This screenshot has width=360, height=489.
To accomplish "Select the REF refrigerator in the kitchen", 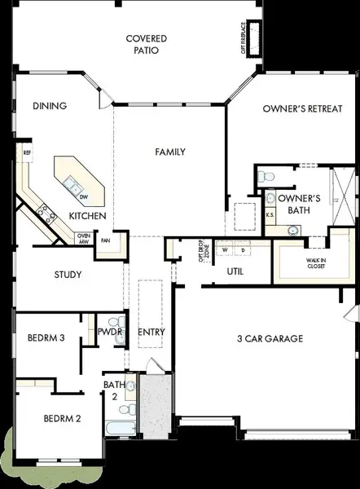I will tap(27, 152).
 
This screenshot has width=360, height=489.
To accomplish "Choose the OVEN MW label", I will tap(83, 238).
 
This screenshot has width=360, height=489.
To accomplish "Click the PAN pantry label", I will tap(105, 241).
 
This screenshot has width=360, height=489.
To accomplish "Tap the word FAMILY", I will tap(171, 152).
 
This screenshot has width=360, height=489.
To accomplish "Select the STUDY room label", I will tap(68, 275).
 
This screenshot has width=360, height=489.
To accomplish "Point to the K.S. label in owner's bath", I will tap(270, 214).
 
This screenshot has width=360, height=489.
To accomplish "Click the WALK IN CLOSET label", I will tap(318, 262).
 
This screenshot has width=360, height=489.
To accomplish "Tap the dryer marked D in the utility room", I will tap(242, 249).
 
